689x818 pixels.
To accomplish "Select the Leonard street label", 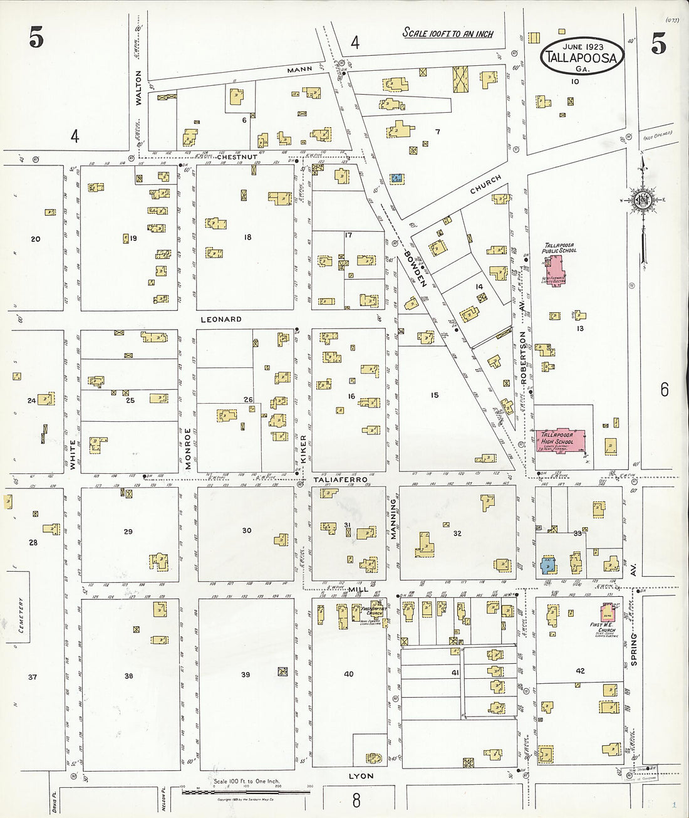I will pyautogui.click(x=220, y=319).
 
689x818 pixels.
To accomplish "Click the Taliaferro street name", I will pyautogui.click(x=340, y=479).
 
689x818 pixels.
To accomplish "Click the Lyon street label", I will pyautogui.click(x=361, y=776).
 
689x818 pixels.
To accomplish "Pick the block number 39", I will pyautogui.click(x=246, y=674).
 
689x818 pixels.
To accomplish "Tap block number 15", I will pyautogui.click(x=435, y=395).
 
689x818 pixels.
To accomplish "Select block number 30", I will pyautogui.click(x=247, y=530).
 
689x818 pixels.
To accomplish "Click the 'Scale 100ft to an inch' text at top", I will pyautogui.click(x=447, y=34).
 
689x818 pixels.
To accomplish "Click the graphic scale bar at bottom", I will pyautogui.click(x=246, y=792).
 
